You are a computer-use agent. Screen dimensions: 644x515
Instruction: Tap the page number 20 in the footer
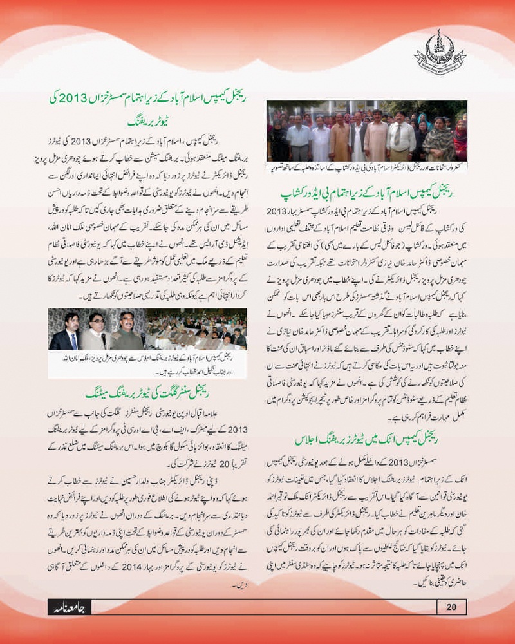coord(451,606)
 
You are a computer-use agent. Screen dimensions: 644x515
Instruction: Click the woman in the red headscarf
coord(460,138)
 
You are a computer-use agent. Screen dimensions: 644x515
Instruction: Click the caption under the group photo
coord(367,167)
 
